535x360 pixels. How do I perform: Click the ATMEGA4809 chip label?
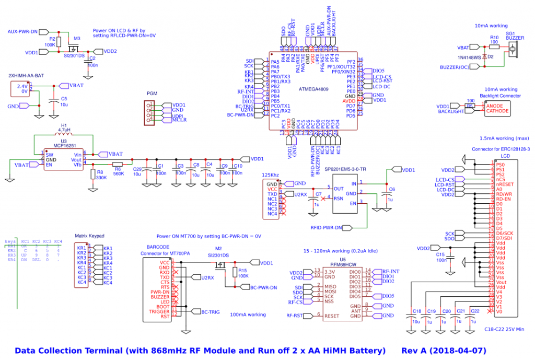click(314, 89)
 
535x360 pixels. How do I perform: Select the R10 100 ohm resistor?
click(494, 46)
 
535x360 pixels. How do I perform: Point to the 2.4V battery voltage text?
click(22, 86)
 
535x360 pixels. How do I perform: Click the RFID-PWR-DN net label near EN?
click(327, 228)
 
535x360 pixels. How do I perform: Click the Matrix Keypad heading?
click(90, 236)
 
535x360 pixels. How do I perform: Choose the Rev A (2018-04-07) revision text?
click(444, 350)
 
